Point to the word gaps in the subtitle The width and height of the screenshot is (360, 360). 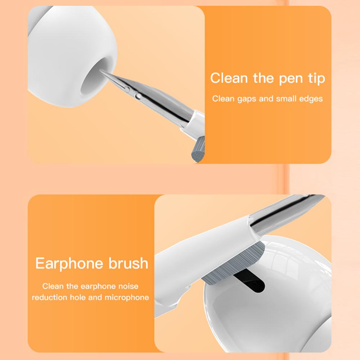pyautogui.click(x=245, y=99)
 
